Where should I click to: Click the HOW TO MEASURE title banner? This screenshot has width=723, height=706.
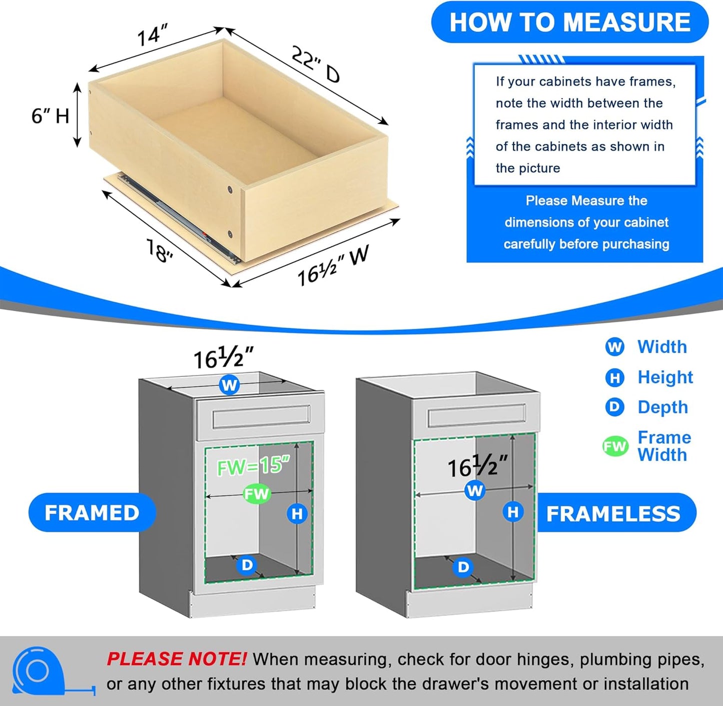click(x=569, y=22)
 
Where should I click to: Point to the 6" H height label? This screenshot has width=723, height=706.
click(x=50, y=116)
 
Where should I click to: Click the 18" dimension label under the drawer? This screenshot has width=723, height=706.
click(x=160, y=250)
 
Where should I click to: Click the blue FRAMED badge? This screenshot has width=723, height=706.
click(x=92, y=512)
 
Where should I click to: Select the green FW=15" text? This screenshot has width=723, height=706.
click(x=253, y=466)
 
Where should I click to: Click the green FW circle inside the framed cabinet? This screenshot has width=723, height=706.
click(x=257, y=494)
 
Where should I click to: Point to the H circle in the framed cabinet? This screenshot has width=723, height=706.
click(x=297, y=513)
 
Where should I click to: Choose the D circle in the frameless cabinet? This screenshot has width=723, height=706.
click(x=463, y=567)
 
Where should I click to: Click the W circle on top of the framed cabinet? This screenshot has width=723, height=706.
click(x=229, y=385)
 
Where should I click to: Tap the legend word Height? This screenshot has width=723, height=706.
click(x=665, y=377)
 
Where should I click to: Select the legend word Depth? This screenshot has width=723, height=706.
click(x=662, y=407)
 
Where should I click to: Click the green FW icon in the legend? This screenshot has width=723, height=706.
click(x=615, y=446)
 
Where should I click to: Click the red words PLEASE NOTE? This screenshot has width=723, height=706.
click(x=176, y=659)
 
